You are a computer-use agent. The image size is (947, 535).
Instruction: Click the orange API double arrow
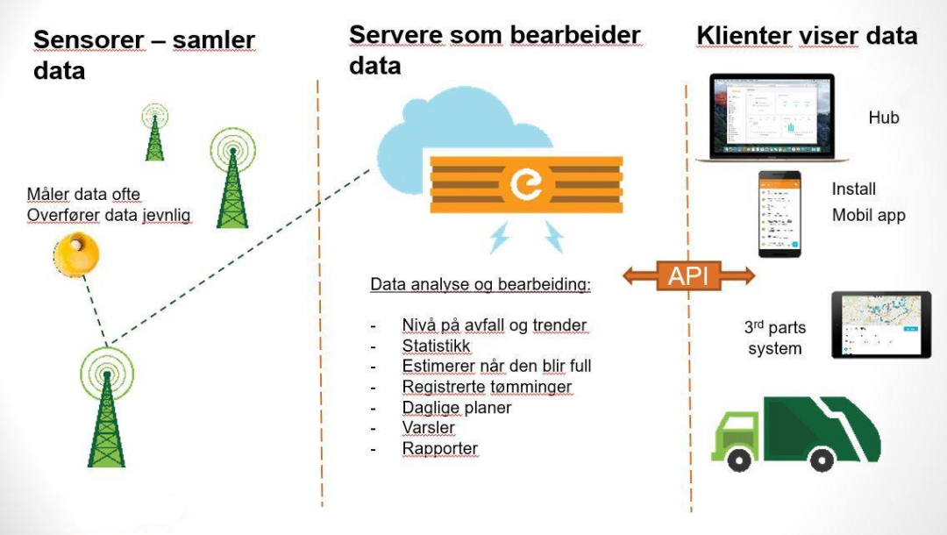click(689, 275)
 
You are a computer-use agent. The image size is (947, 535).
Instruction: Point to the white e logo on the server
click(526, 184)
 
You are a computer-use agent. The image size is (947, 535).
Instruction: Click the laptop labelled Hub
click(772, 118)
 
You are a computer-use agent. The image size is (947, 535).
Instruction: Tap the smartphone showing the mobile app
click(780, 214)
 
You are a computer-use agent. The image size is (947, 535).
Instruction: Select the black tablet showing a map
click(880, 325)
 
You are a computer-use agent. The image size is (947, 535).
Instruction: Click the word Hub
click(884, 118)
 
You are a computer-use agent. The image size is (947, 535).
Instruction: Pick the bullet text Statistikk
click(436, 346)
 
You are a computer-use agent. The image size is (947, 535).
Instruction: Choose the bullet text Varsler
click(428, 428)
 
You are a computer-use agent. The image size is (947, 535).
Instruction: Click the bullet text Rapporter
click(439, 448)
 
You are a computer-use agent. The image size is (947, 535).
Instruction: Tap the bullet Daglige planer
click(456, 408)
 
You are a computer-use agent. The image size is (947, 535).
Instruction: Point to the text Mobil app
click(868, 216)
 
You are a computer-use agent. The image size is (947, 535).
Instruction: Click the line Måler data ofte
click(83, 194)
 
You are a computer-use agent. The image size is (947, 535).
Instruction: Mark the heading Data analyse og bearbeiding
click(481, 285)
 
